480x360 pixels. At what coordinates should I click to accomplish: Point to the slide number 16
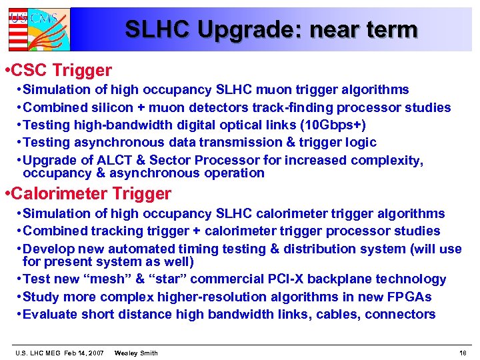pyautogui.click(x=463, y=353)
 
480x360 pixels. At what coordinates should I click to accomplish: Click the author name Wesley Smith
pyautogui.click(x=136, y=353)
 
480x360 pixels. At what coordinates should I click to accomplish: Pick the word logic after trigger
pyautogui.click(x=361, y=142)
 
